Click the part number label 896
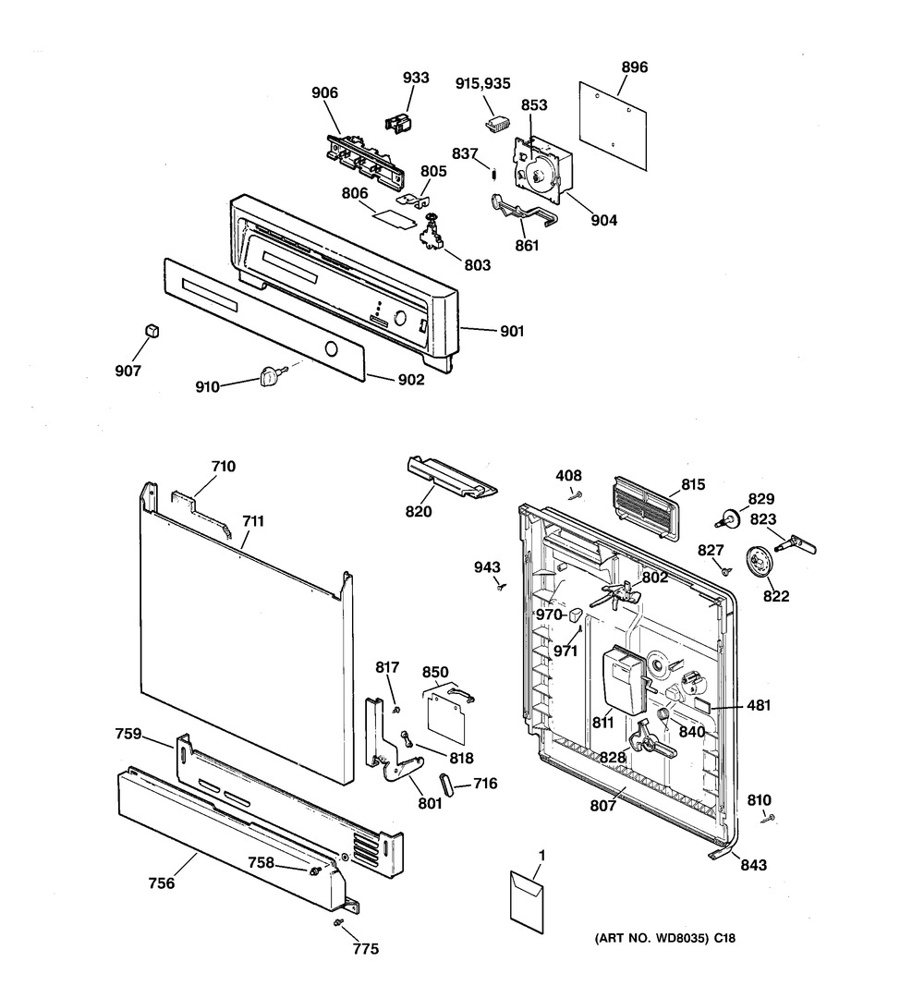pos(634,67)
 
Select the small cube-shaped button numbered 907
pos(152,330)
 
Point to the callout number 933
pos(416,78)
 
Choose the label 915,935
pos(482,84)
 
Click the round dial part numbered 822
pos(757,560)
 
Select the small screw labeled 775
pos(339,922)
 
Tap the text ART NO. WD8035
pos(658,938)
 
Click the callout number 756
pos(162,883)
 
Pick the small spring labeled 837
pos(494,172)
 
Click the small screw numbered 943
pos(501,588)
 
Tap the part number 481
pos(759,706)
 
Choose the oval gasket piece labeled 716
pos(447,785)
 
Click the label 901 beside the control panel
pos(512,332)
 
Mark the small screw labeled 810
pos(769,818)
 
